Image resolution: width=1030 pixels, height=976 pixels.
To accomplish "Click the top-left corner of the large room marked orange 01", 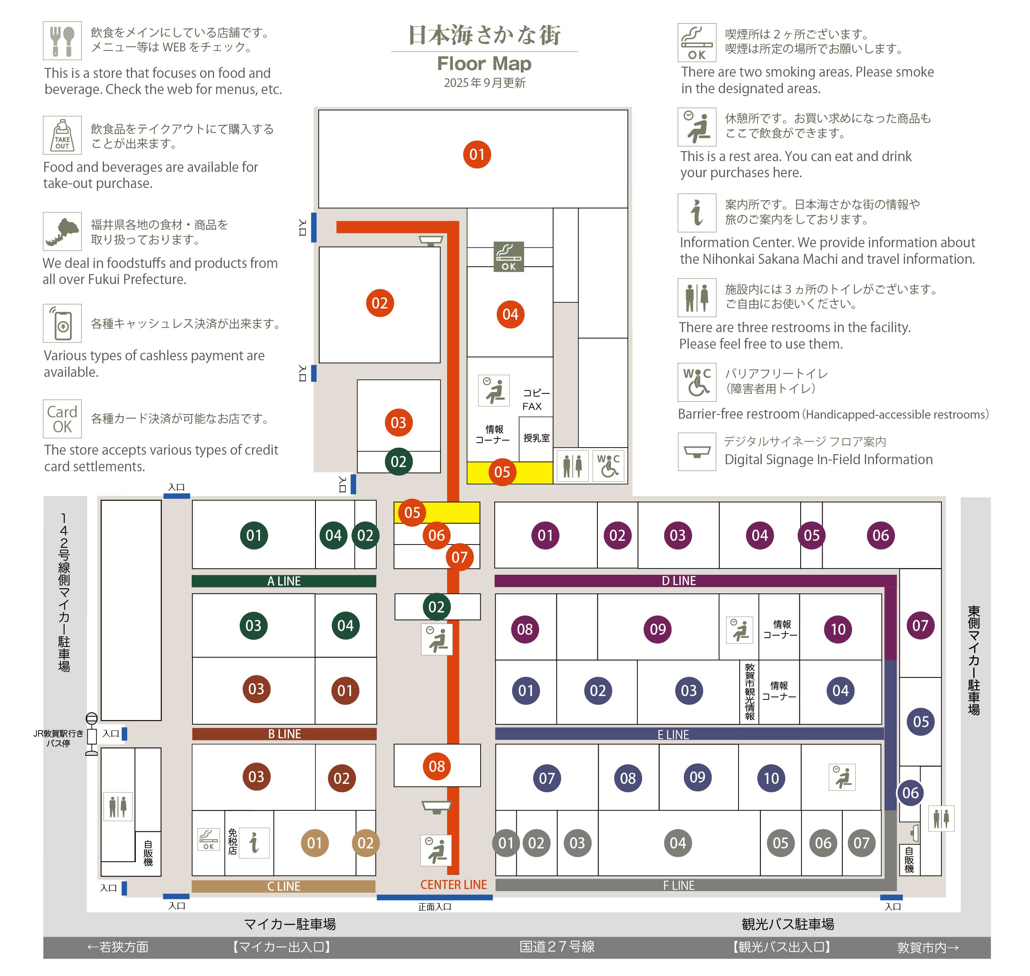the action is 319,110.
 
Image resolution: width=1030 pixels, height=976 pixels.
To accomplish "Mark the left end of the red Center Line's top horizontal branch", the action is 337,227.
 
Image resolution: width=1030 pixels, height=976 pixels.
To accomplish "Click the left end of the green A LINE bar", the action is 193,581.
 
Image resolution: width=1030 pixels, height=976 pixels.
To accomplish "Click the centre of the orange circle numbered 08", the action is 437,766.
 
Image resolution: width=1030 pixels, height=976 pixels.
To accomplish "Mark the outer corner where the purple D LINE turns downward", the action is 896,576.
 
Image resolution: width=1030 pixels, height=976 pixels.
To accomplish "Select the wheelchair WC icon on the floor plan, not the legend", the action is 608,465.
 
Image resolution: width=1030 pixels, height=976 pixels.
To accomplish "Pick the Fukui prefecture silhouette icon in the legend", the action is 63,231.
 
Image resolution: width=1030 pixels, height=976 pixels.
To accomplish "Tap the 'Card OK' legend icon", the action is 63,419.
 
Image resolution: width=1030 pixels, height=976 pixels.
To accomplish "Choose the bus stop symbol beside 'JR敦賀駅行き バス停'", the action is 91,734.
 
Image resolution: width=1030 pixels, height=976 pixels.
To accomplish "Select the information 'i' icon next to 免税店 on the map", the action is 254,843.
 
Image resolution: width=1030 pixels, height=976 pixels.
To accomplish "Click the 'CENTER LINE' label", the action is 454,885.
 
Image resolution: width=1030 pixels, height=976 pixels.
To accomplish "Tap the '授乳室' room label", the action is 537,438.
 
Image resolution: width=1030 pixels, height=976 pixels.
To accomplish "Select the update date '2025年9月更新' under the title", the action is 485,83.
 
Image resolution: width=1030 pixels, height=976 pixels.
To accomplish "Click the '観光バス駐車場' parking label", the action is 787,924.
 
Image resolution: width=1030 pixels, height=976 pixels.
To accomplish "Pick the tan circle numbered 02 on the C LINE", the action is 366,843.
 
